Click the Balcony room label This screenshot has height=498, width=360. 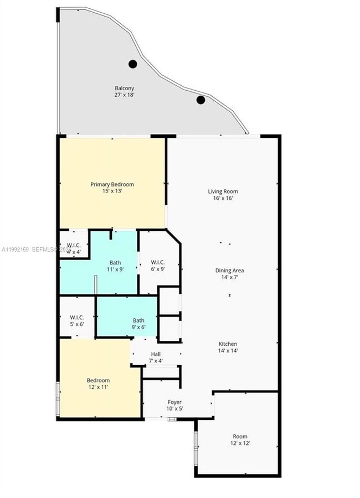[124, 88]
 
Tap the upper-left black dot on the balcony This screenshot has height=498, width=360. [133, 64]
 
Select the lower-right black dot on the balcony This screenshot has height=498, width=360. [200, 100]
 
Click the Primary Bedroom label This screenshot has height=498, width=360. [112, 184]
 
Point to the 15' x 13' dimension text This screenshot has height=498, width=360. [112, 191]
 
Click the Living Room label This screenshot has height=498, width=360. [223, 191]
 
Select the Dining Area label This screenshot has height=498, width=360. [229, 271]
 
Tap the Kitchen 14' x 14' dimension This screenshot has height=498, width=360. [228, 351]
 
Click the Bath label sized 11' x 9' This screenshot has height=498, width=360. [115, 263]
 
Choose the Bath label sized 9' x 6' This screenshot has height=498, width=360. [138, 320]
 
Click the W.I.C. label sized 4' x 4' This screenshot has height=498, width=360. [74, 245]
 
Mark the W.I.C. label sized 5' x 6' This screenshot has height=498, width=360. [76, 318]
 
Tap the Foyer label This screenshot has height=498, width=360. [174, 402]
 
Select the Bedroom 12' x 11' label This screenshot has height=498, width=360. [97, 380]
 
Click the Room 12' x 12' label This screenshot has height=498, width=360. [240, 437]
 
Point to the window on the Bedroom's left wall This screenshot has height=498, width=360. [58, 397]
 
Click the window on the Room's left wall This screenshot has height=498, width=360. [196, 447]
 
